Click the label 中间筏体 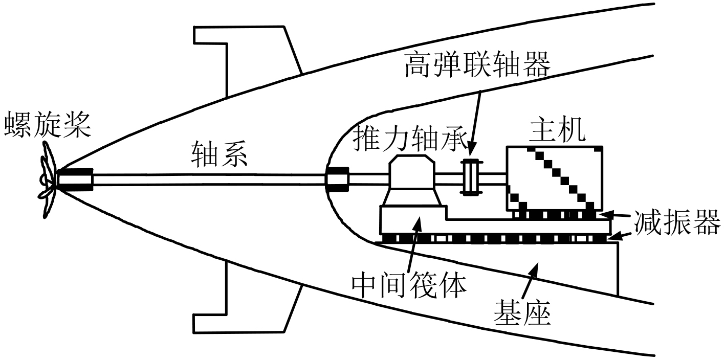410,286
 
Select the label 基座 522,312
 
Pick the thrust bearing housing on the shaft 413,182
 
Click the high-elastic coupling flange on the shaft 469,177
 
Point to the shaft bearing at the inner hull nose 338,179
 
